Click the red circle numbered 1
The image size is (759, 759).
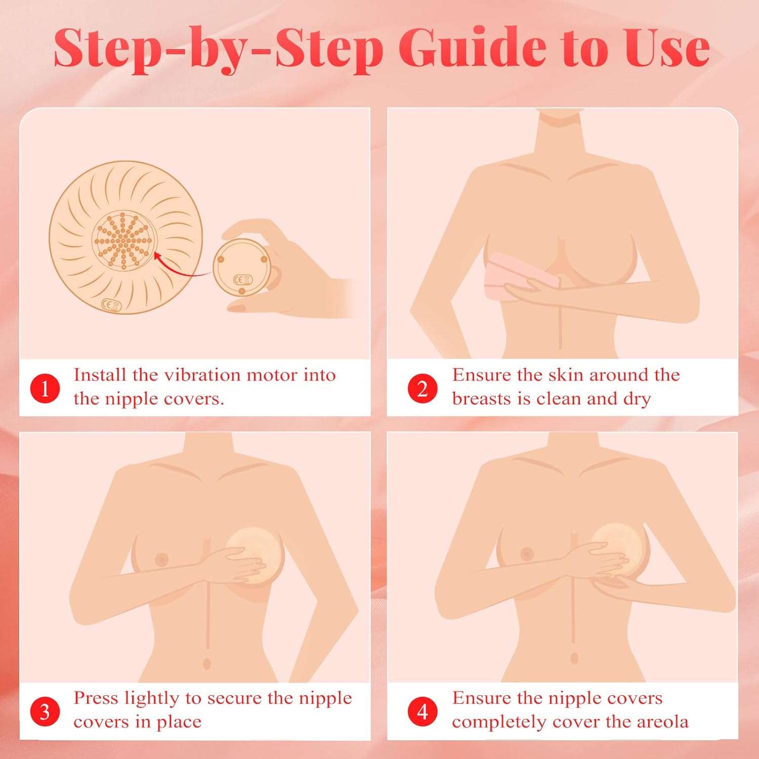click(45, 389)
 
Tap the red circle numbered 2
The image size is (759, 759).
click(423, 389)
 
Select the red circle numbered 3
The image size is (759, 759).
click(45, 711)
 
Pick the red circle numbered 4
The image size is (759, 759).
click(423, 711)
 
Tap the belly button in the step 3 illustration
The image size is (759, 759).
click(206, 663)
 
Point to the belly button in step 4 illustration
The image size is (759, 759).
click(574, 658)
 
